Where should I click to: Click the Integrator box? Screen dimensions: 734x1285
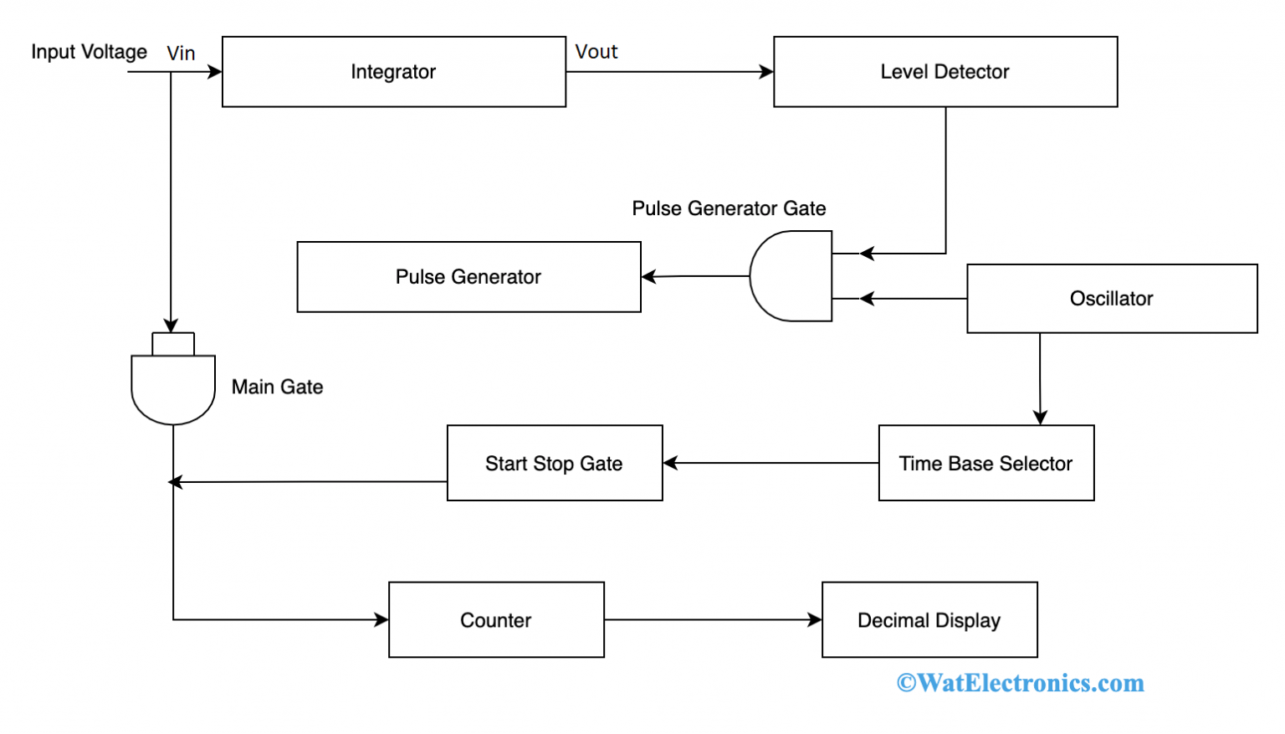point(393,72)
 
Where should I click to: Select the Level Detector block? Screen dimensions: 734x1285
point(945,72)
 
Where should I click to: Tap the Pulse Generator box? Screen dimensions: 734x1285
point(468,277)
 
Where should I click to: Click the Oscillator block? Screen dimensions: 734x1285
point(1111,299)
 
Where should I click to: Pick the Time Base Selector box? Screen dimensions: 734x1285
point(986,464)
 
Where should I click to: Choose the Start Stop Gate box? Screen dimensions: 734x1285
point(554,464)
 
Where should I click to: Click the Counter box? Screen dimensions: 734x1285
point(496,620)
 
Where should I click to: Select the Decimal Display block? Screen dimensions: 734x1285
point(929,620)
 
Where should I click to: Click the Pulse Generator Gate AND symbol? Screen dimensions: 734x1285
point(791,276)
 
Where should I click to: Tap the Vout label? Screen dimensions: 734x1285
point(596,52)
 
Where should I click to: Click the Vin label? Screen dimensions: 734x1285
point(181,54)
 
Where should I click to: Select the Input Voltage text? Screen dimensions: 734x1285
point(89,52)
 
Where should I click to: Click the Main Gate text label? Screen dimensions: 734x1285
point(277,387)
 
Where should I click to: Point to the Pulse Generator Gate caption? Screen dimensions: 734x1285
point(729,208)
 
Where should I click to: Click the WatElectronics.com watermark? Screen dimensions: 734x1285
point(1020,683)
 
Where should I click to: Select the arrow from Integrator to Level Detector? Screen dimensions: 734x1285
point(669,72)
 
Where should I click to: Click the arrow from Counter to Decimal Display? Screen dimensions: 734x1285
point(713,620)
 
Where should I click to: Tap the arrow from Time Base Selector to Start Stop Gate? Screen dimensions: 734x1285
point(770,463)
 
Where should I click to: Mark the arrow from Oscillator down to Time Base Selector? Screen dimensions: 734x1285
point(1040,378)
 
